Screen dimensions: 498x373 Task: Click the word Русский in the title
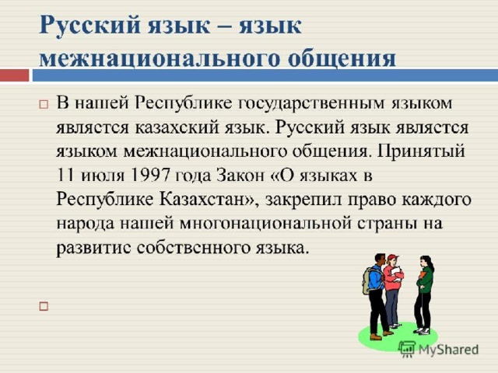pyautogui.click(x=89, y=26)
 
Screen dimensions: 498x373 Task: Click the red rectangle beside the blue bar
pyautogui.click(x=14, y=75)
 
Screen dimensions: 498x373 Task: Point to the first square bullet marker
pyautogui.click(x=44, y=104)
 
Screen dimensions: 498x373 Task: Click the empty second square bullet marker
pyautogui.click(x=44, y=306)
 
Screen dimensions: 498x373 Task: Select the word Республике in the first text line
pyautogui.click(x=184, y=103)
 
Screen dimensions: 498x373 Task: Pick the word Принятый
pyautogui.click(x=421, y=152)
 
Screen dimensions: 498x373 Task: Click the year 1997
pyautogui.click(x=150, y=175)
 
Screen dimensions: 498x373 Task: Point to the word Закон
pyautogui.click(x=240, y=175)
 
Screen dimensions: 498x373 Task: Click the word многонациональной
pyautogui.click(x=265, y=223)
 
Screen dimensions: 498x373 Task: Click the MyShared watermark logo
pyautogui.click(x=439, y=350)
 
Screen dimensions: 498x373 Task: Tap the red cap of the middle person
pyautogui.click(x=392, y=257)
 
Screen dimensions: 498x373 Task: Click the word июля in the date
pyautogui.click(x=103, y=176)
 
